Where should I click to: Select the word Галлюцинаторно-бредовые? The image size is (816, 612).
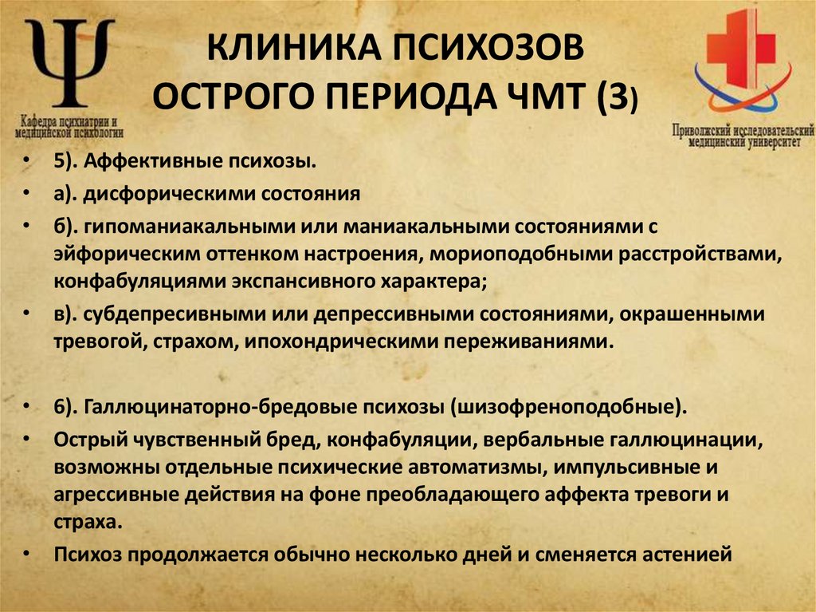click(x=190, y=405)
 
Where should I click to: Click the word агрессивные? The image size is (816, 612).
click(x=115, y=494)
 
